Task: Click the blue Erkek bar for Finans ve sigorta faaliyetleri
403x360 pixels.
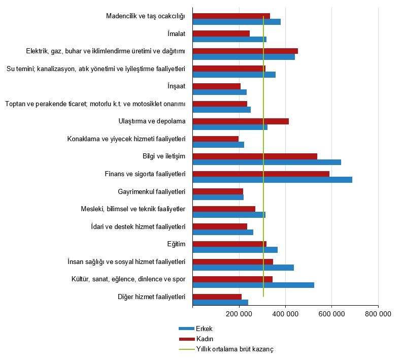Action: (x=272, y=180)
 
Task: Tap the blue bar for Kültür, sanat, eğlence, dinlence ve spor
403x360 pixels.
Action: (x=253, y=285)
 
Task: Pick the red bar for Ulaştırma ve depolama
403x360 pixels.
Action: (x=241, y=121)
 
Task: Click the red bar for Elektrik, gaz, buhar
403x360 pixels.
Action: (x=245, y=51)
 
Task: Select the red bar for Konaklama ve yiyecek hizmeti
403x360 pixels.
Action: (x=216, y=139)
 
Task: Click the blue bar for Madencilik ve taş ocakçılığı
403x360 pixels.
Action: (x=237, y=22)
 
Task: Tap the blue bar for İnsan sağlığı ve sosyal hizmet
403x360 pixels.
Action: (x=243, y=268)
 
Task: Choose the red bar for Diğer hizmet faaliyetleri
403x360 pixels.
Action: (x=217, y=297)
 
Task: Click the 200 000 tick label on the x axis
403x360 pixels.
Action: (x=239, y=314)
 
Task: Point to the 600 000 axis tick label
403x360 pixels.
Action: (x=331, y=314)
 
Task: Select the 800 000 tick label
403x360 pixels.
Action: (x=378, y=314)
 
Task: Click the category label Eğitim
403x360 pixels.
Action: (x=176, y=244)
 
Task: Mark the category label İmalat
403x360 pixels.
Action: (x=176, y=34)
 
